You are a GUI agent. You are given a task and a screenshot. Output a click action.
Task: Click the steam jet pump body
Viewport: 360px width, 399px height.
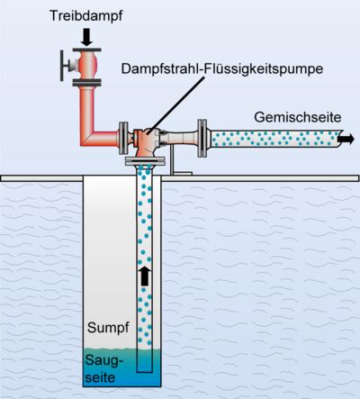pos(148,140)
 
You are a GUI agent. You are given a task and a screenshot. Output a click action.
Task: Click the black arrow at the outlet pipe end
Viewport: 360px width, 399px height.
pos(346,138)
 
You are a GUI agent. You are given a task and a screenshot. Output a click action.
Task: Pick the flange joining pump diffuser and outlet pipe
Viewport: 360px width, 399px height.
pos(204,137)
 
